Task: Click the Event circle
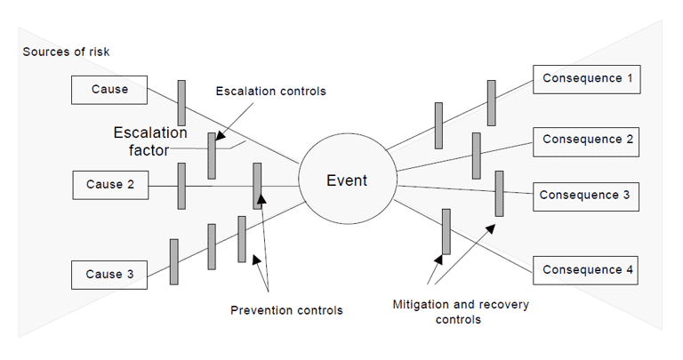pyautogui.click(x=346, y=181)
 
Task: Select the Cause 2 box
pyautogui.click(x=110, y=185)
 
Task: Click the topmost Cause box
pyautogui.click(x=110, y=89)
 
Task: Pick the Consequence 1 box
pyautogui.click(x=587, y=79)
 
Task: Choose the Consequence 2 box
pyautogui.click(x=587, y=140)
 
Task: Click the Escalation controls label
pyautogui.click(x=270, y=91)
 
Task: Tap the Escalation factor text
pyautogui.click(x=150, y=141)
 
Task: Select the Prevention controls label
pyautogui.click(x=285, y=310)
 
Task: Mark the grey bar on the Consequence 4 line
pyautogui.click(x=446, y=231)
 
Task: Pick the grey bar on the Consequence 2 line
pyautogui.click(x=477, y=155)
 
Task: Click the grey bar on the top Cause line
pyautogui.click(x=181, y=103)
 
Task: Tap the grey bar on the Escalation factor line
pyautogui.click(x=212, y=156)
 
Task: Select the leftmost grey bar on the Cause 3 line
pyautogui.click(x=174, y=261)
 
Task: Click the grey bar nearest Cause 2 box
pyautogui.click(x=181, y=185)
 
